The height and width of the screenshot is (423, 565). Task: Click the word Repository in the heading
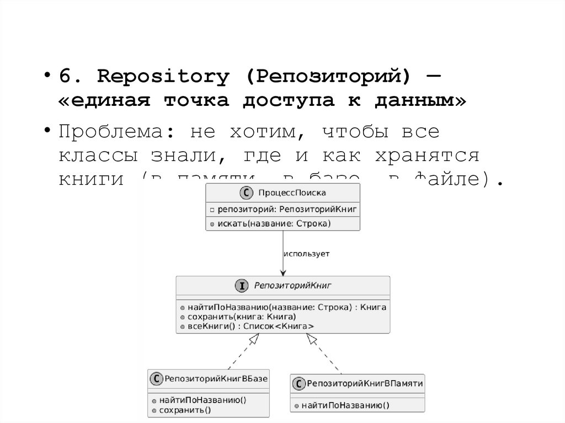(x=163, y=77)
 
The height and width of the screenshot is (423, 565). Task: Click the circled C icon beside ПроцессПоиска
(x=246, y=192)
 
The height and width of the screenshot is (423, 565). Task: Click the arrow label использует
(x=306, y=254)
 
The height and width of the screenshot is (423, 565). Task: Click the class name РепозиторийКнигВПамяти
(x=365, y=383)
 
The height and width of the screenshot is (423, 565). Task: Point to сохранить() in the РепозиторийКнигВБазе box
(x=185, y=410)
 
